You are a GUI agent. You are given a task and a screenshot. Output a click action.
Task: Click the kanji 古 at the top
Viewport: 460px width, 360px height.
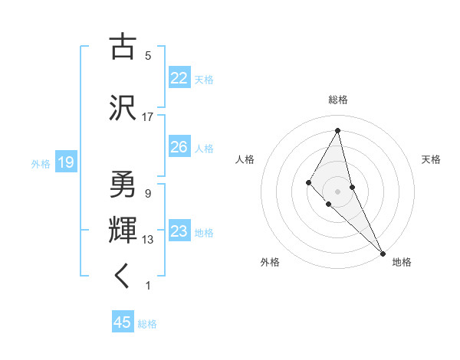point(123,47)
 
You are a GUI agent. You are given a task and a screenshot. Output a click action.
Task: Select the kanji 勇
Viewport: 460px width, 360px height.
point(123,184)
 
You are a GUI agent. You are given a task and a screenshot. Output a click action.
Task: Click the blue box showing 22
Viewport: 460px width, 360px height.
point(179,78)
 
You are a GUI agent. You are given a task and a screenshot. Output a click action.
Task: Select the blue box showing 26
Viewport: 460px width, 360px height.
point(179,147)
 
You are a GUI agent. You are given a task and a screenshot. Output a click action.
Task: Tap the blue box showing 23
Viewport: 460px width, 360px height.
point(179,231)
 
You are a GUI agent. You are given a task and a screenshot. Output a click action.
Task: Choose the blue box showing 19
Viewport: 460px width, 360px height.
point(65,162)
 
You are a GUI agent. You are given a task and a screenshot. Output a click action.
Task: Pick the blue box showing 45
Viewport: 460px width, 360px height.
point(123,322)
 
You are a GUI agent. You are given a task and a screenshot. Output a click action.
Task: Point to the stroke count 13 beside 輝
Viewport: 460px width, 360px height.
point(148,240)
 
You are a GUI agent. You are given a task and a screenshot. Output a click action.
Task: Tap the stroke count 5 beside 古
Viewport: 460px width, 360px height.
point(148,56)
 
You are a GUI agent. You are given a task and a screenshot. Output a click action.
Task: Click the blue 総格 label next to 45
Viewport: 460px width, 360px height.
point(147,324)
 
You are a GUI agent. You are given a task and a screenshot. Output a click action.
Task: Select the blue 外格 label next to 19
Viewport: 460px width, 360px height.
point(41,163)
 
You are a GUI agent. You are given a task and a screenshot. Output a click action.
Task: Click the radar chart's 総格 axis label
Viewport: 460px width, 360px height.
point(337,100)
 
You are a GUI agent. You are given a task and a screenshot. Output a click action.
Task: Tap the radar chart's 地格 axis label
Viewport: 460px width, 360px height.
point(402,262)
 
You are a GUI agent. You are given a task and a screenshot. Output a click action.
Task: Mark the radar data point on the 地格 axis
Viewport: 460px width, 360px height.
point(382,252)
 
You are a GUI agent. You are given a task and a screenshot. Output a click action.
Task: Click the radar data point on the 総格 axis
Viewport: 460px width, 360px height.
point(337,131)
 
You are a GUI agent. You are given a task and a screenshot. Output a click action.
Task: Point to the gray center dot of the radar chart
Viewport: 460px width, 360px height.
point(337,191)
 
